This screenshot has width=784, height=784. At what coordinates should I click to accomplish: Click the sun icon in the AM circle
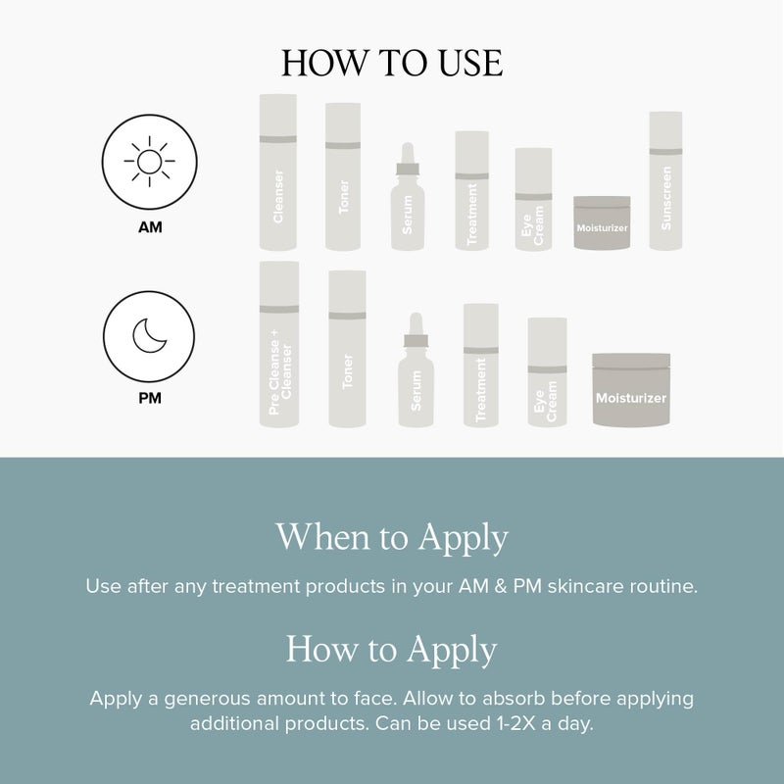(150, 160)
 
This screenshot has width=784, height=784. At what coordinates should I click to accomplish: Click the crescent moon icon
(150, 335)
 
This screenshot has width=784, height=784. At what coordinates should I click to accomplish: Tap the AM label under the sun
(150, 227)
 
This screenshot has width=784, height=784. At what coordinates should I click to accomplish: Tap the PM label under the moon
(150, 399)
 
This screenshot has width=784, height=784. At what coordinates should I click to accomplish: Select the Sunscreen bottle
(665, 181)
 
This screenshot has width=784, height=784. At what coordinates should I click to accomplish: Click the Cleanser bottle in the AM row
(277, 172)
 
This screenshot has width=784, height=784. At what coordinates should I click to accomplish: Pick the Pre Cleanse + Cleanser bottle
(279, 345)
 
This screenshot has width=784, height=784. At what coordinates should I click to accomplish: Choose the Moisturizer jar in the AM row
(602, 223)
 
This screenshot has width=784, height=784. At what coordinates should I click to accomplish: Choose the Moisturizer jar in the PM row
(631, 390)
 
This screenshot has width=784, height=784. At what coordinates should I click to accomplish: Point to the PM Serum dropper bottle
(416, 374)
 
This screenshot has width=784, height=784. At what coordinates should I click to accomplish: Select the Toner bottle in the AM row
(343, 177)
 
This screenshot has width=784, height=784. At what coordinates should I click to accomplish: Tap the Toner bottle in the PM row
(347, 350)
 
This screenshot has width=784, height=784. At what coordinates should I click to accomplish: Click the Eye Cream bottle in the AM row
(533, 200)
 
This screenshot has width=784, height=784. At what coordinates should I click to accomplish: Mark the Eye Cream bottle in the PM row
(547, 373)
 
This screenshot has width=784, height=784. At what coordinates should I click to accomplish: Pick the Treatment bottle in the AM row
(471, 191)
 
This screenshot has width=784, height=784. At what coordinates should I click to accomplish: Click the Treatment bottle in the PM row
(480, 366)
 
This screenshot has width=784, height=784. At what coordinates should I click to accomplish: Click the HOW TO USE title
(392, 64)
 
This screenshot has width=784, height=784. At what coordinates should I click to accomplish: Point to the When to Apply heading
(392, 538)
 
